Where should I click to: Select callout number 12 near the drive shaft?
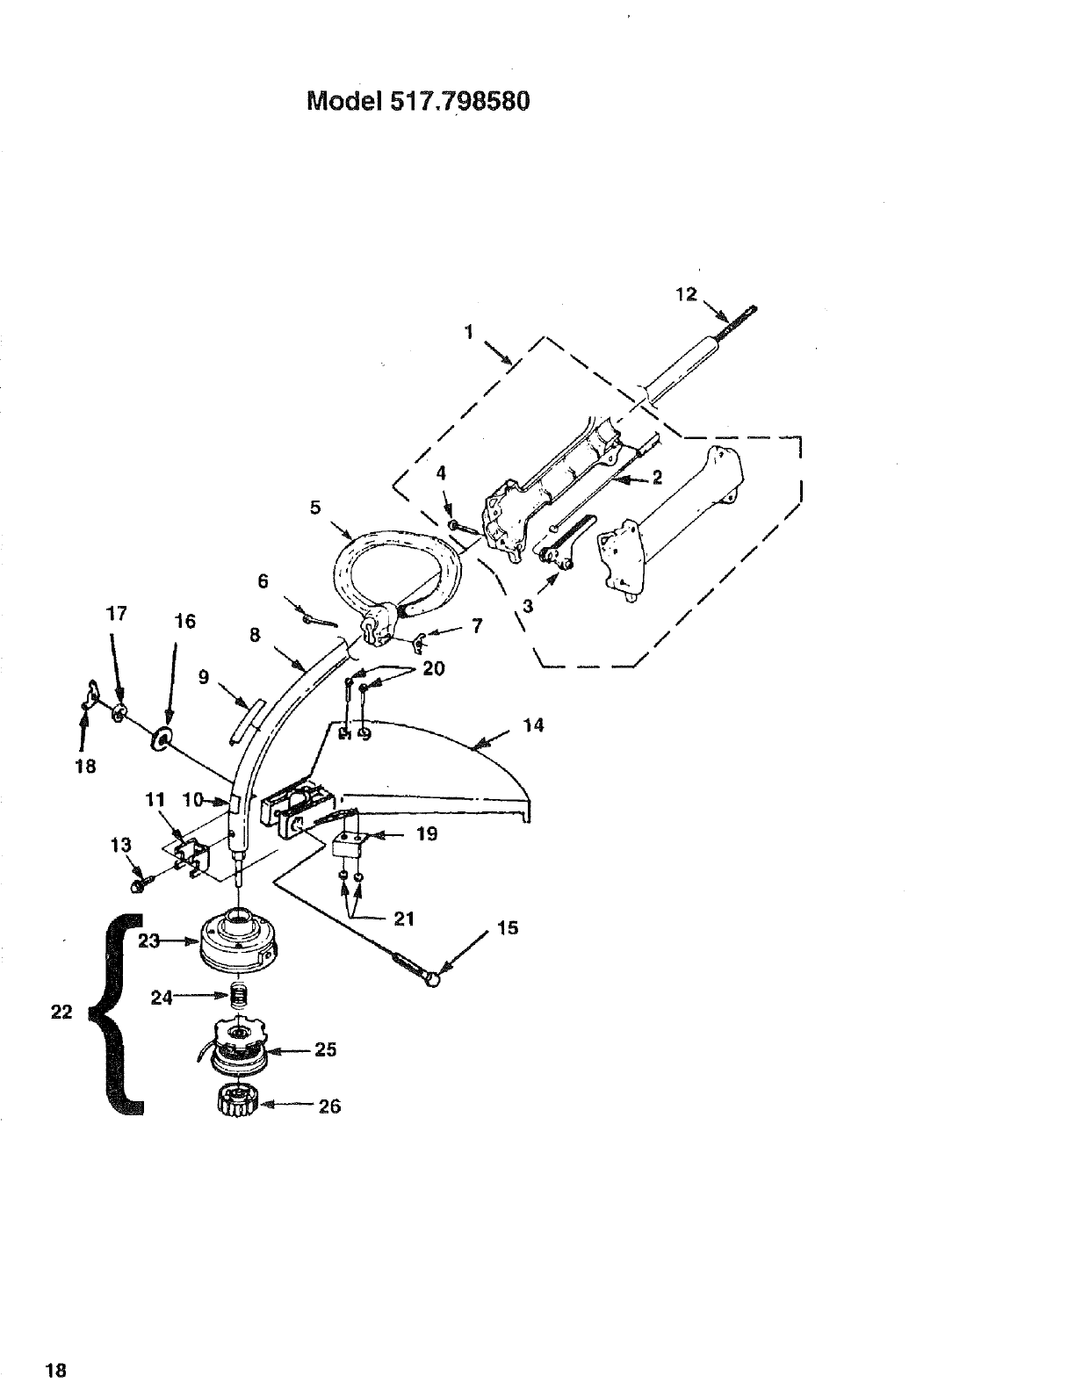click(685, 294)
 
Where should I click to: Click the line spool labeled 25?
click(236, 1046)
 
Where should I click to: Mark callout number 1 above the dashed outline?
click(469, 332)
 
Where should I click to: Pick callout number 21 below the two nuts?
click(404, 919)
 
